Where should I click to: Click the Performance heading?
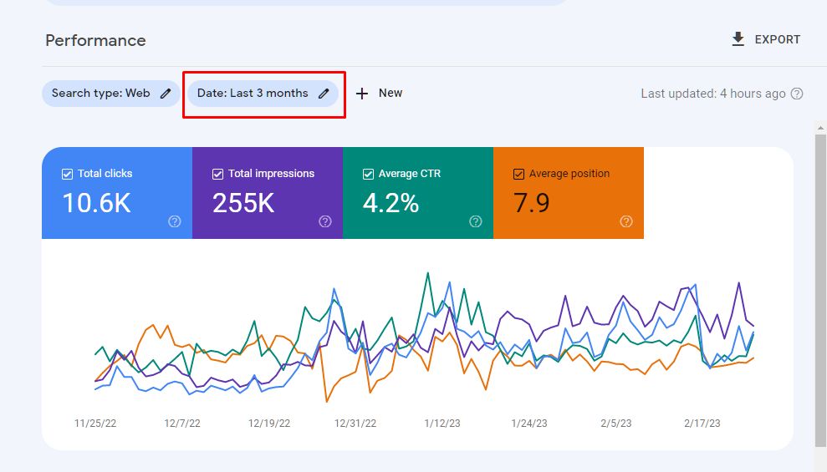coord(95,40)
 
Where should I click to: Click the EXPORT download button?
coord(766,39)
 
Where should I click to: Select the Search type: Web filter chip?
coord(110,94)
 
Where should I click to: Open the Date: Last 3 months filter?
coord(263,94)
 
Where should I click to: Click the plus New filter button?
coord(379,94)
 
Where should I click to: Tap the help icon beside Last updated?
coord(797,94)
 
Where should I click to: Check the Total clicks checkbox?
coord(67,174)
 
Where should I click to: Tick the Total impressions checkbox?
coord(217,174)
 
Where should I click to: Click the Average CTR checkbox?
coord(368,174)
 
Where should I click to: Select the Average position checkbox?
coord(518,174)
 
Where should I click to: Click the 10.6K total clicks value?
coord(96,203)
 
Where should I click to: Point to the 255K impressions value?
coord(243,203)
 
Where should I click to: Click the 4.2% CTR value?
coord(391,203)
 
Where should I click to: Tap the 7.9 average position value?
coord(532,203)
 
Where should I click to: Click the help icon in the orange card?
coord(626,221)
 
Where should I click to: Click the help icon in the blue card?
coord(175,221)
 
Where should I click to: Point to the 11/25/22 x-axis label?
coord(95,424)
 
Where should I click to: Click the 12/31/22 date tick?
coord(355,424)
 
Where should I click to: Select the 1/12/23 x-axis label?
coord(442,424)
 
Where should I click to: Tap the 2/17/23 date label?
coord(702,424)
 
